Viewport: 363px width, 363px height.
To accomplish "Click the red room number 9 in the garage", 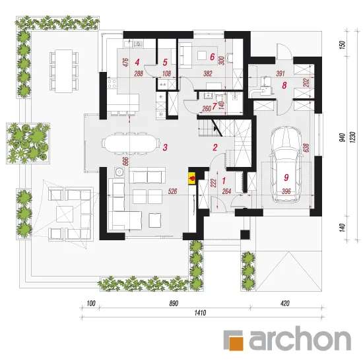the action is tap(286, 178).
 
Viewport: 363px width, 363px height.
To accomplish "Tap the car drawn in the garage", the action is tap(286, 164).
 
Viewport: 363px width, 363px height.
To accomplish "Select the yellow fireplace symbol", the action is tap(192, 178).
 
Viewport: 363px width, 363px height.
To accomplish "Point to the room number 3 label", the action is tap(165, 147).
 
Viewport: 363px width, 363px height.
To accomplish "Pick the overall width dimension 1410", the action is tap(200, 313).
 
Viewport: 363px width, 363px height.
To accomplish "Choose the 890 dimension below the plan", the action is tap(174, 304).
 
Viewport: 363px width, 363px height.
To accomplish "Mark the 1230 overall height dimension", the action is tap(352, 137).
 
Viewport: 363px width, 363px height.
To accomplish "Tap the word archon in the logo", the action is tap(300, 339).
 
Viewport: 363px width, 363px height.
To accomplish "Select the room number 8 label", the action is tap(284, 85).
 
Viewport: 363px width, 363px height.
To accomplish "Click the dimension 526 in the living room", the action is tap(172, 191).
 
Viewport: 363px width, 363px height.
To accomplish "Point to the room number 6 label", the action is tap(212, 57).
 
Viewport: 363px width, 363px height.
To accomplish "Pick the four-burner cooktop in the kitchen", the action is tap(112, 84).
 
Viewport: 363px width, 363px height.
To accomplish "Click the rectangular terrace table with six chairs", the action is tap(64, 71).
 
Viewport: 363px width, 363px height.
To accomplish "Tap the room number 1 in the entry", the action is tap(224, 181).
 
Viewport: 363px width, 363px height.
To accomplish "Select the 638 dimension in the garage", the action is tap(306, 148).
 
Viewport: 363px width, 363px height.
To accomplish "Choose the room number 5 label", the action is tap(165, 62).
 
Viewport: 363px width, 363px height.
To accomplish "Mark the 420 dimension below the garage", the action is tap(285, 304).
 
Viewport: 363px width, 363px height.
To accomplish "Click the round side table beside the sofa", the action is tap(119, 172).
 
